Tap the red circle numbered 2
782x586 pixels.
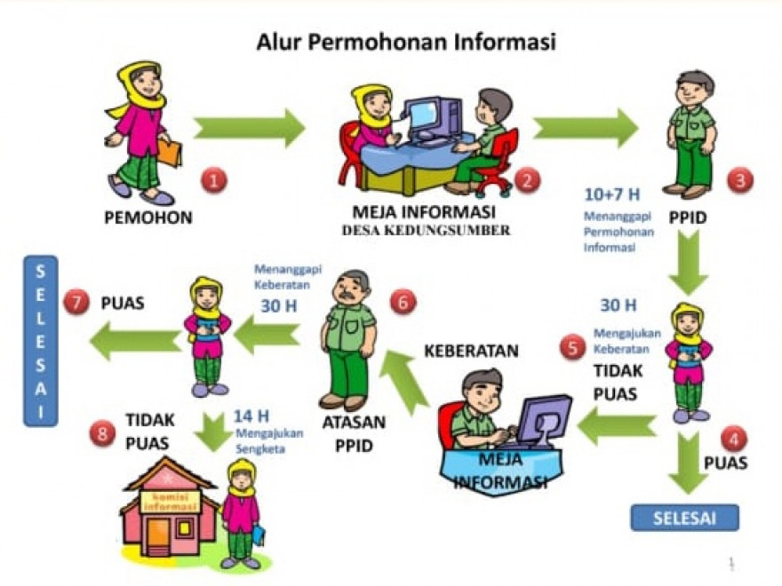pyautogui.click(x=527, y=180)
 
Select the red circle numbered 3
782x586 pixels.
pyautogui.click(x=740, y=180)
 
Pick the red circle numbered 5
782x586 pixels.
pyautogui.click(x=573, y=348)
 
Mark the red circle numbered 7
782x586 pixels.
pyautogui.click(x=76, y=304)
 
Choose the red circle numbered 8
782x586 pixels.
pyautogui.click(x=102, y=433)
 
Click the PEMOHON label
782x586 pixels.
pyautogui.click(x=149, y=217)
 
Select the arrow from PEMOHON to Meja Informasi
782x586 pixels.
pyautogui.click(x=248, y=128)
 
